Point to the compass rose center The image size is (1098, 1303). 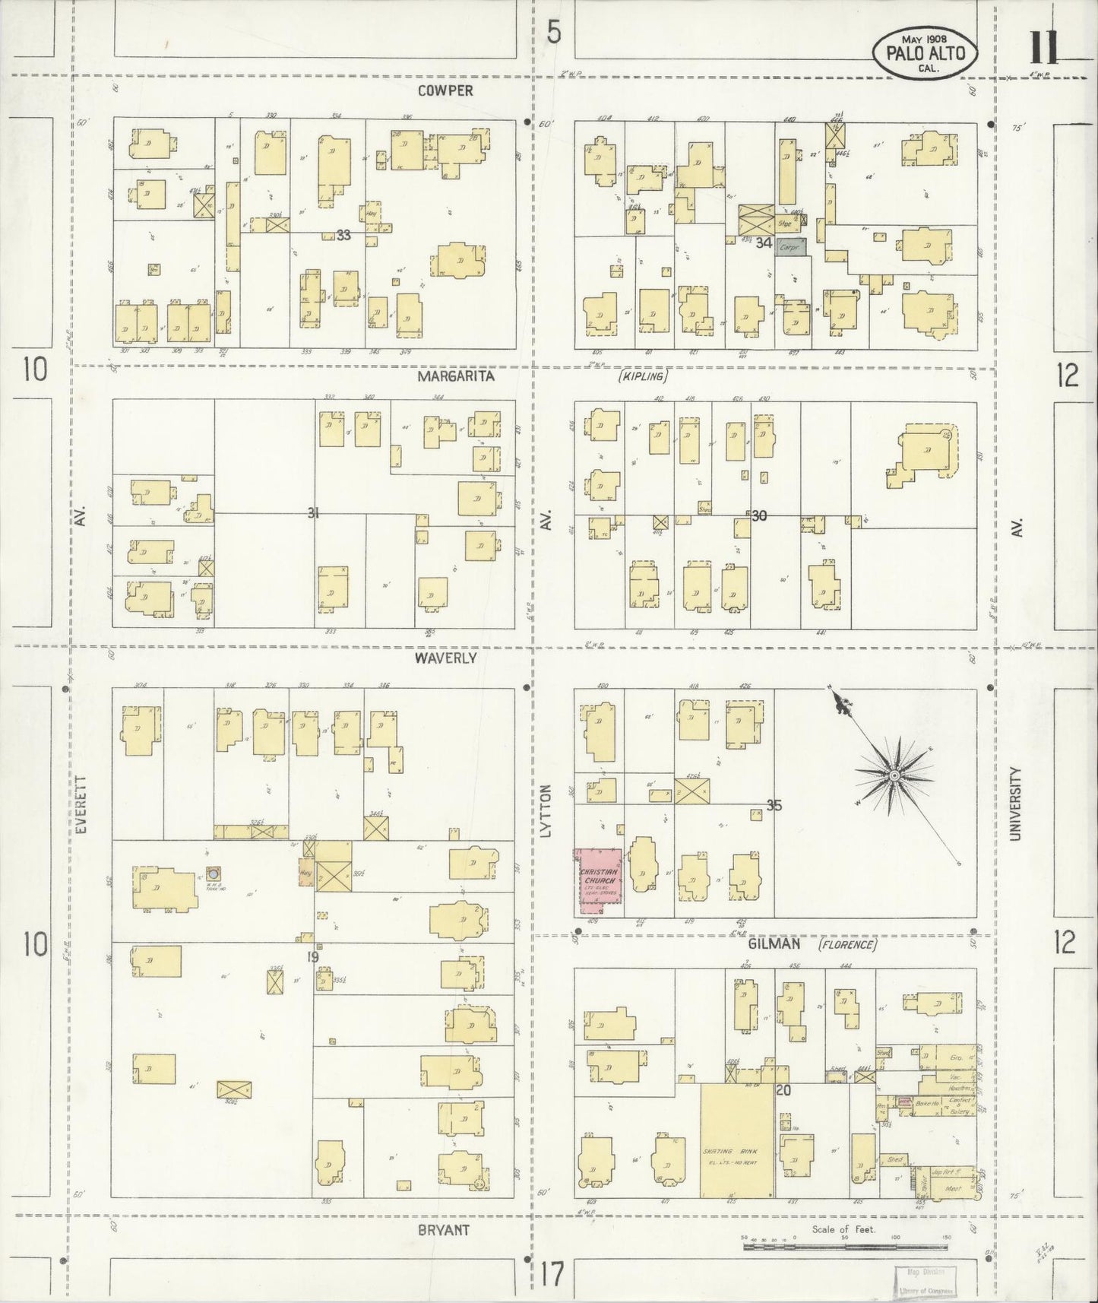(894, 775)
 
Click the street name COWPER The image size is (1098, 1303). (445, 90)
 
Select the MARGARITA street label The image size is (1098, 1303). (454, 376)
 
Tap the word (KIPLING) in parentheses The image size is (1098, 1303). (642, 376)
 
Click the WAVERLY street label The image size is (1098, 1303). (445, 658)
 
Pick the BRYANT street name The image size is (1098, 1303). (443, 1229)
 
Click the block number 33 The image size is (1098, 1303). (343, 236)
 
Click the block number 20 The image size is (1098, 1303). (783, 1091)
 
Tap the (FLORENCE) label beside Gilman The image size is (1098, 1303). (847, 945)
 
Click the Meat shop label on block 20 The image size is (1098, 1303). (952, 1189)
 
